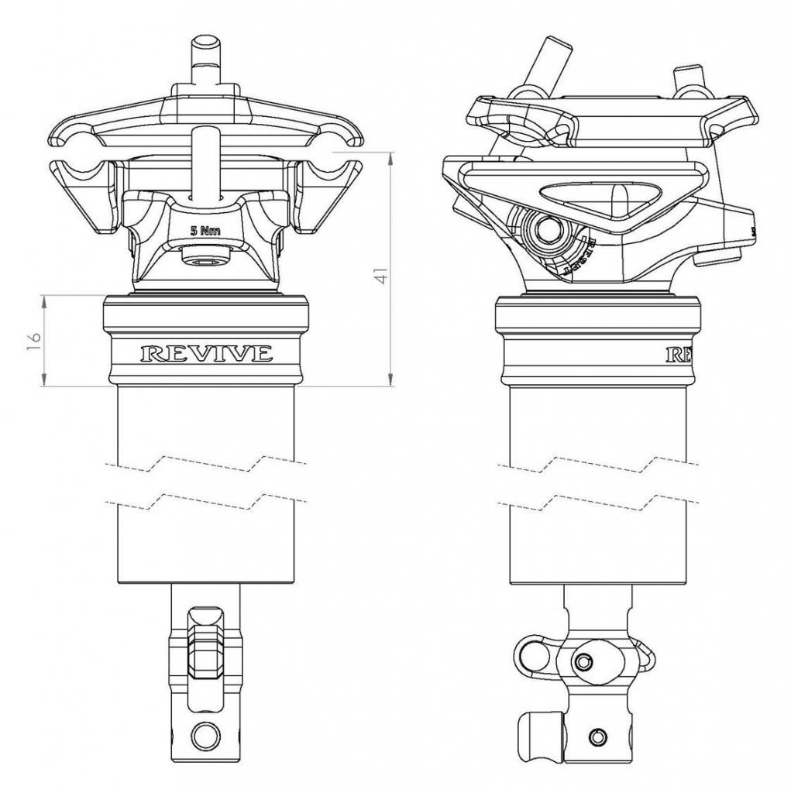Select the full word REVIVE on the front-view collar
coord(206,354)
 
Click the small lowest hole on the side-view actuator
coord(596,734)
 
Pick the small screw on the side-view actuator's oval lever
coord(583,661)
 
